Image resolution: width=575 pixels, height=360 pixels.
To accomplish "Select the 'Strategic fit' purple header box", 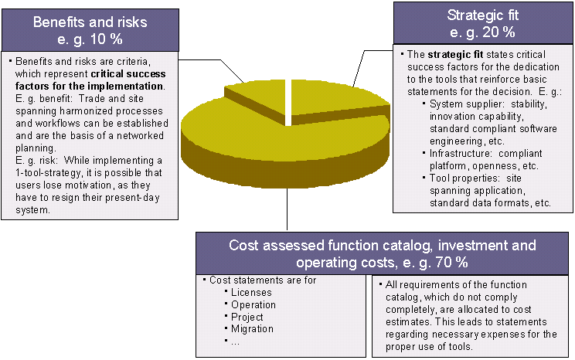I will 482,23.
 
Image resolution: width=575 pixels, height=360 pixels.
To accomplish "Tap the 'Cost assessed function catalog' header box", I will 383,253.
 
